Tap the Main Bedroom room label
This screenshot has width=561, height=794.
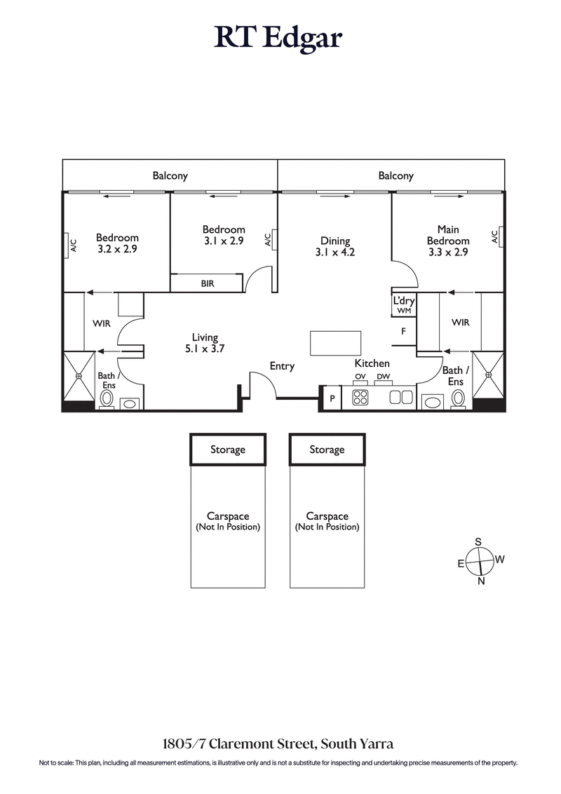tap(448, 241)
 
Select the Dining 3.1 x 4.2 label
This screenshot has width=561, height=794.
tap(335, 247)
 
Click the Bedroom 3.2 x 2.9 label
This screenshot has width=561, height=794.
tap(117, 243)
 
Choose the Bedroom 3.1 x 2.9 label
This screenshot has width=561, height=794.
tap(224, 234)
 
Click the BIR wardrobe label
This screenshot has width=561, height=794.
tap(207, 283)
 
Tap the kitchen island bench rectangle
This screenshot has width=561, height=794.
tap(336, 344)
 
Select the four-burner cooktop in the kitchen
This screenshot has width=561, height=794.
tap(360, 398)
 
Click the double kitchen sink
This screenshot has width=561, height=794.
tap(401, 398)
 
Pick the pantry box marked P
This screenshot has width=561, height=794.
tap(331, 398)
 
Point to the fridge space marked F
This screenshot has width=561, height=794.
tap(404, 332)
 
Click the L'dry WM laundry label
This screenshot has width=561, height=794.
tap(404, 304)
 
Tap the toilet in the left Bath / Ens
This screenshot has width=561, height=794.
tap(107, 398)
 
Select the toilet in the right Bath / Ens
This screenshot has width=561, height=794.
tap(458, 398)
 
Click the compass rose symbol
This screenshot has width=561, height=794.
tap(480, 561)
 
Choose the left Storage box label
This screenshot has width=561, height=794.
tap(228, 450)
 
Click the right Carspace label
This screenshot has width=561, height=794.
tap(327, 520)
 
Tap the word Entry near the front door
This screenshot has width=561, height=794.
tap(282, 366)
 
